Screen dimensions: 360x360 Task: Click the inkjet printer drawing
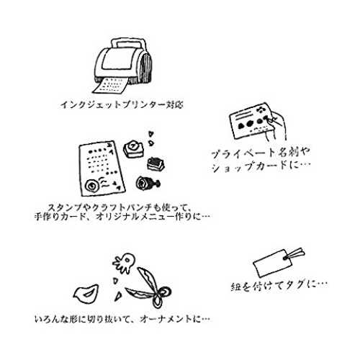click(x=123, y=65)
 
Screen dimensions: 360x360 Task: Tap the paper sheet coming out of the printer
click(x=111, y=86)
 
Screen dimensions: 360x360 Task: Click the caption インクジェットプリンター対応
click(x=122, y=104)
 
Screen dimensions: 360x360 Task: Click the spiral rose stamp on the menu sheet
click(x=92, y=186)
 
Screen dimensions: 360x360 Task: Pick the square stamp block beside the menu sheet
click(x=134, y=149)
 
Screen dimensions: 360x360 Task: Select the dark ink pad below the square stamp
click(x=156, y=164)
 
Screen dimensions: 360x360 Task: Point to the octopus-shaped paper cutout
click(x=124, y=263)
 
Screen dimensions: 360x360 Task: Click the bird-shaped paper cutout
click(x=86, y=294)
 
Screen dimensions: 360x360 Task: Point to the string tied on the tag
click(x=294, y=254)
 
